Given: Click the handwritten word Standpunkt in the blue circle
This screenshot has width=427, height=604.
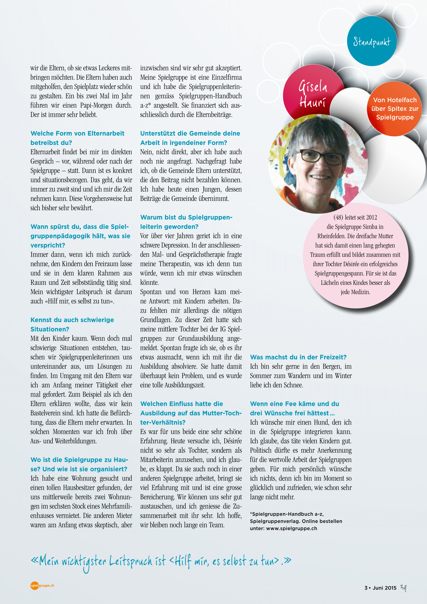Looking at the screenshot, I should (x=371, y=42).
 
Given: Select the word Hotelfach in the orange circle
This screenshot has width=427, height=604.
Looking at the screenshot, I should (x=402, y=100).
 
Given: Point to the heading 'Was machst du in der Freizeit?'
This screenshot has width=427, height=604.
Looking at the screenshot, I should (x=298, y=357).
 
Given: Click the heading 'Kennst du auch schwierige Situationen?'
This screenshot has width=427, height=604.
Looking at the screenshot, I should (x=72, y=324).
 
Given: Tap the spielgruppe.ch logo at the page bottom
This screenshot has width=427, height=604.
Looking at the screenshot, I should (x=42, y=586).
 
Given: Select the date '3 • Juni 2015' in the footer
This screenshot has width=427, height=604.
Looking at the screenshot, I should (x=380, y=588).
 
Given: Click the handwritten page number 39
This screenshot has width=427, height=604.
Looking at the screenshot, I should (x=403, y=587).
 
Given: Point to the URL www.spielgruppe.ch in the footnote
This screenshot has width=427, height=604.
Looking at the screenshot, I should (x=291, y=528).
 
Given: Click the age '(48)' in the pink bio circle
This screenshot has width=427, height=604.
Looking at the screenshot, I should (x=338, y=217).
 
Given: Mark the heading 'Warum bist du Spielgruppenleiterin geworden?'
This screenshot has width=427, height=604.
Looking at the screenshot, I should (x=186, y=222).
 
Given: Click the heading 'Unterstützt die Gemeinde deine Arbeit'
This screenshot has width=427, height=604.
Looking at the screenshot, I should (x=190, y=138).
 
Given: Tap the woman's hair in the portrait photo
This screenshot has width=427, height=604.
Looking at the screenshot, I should (x=313, y=131).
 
